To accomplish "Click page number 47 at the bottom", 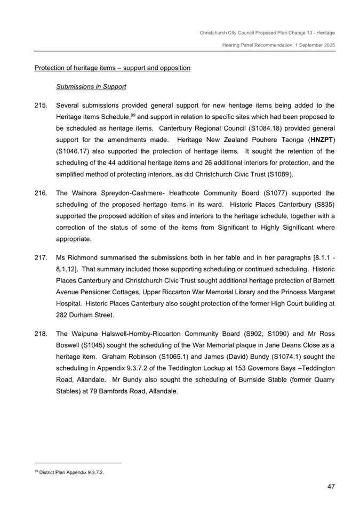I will click(331, 486).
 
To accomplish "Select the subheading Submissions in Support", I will click(91, 86).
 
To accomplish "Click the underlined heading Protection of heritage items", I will click(112, 68).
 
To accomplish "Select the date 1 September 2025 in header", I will click(308, 45).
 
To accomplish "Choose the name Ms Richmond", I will click(78, 257).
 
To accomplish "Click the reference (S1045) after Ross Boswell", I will click(74, 346).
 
